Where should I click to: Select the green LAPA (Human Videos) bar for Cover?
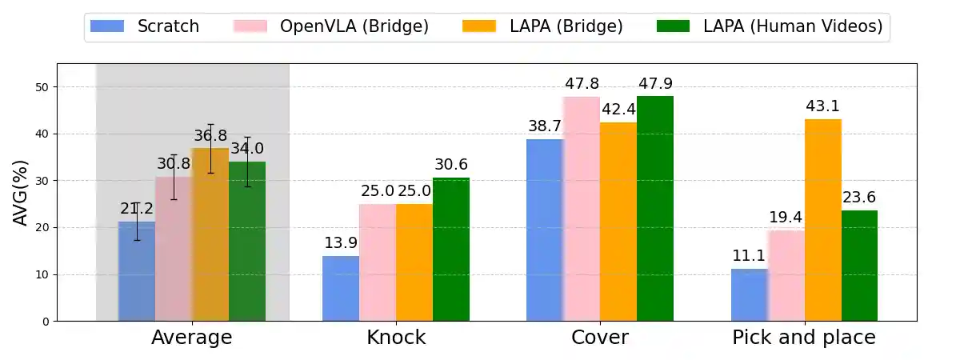pos(655,209)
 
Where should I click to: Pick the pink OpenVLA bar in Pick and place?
pos(786,276)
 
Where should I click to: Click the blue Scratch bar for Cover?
pos(545,230)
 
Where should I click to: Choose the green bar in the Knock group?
pos(451,250)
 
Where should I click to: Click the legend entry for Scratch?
pos(145,26)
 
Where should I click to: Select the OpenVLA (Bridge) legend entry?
pos(331,26)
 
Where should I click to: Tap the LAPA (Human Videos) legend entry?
pos(770,26)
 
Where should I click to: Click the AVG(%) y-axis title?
pos(22,192)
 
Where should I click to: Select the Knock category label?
pos(396,338)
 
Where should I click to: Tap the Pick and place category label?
pos(804,338)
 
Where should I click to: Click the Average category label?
pos(192,338)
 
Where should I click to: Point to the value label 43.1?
pos(823,106)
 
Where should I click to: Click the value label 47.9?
pos(655,83)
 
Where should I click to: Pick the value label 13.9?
pos(341,242)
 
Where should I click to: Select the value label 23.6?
pos(860,197)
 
